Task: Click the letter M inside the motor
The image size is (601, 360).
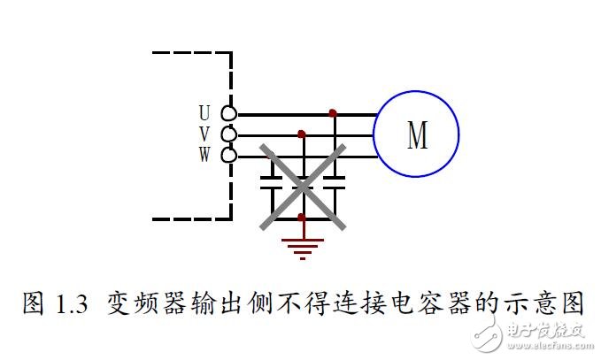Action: point(416,134)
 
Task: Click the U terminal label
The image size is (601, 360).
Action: point(204,113)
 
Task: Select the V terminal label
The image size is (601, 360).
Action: point(204,134)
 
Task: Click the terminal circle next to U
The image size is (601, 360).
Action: point(228,113)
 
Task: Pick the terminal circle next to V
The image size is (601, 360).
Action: point(228,134)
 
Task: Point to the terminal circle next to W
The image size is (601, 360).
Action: point(228,156)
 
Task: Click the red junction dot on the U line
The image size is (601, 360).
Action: point(332,113)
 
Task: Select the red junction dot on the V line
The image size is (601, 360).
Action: point(302,134)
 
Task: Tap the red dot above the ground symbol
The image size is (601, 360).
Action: point(302,216)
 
